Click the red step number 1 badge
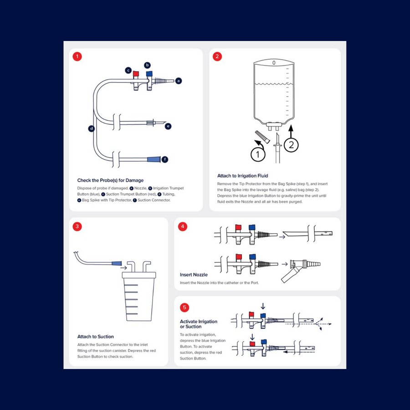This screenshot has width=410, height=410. click(x=77, y=57)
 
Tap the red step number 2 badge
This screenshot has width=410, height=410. click(x=217, y=57)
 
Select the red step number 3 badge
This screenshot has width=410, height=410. click(x=77, y=226)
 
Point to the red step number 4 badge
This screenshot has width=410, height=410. click(x=183, y=226)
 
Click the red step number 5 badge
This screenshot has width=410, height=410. click(x=184, y=307)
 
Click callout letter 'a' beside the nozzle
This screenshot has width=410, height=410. click(x=179, y=81)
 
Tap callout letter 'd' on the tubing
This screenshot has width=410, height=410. click(x=92, y=129)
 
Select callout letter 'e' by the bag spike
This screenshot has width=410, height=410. click(x=168, y=126)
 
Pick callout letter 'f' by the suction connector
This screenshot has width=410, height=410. click(x=164, y=159)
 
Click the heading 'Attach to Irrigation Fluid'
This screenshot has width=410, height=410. click(x=242, y=176)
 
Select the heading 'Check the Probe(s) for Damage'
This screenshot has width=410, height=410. click(x=110, y=180)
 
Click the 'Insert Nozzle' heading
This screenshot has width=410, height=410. click(x=194, y=275)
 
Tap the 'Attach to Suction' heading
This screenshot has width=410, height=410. click(x=96, y=337)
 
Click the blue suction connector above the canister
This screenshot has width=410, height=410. click(x=117, y=264)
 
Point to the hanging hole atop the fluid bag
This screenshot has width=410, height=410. click(x=274, y=62)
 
